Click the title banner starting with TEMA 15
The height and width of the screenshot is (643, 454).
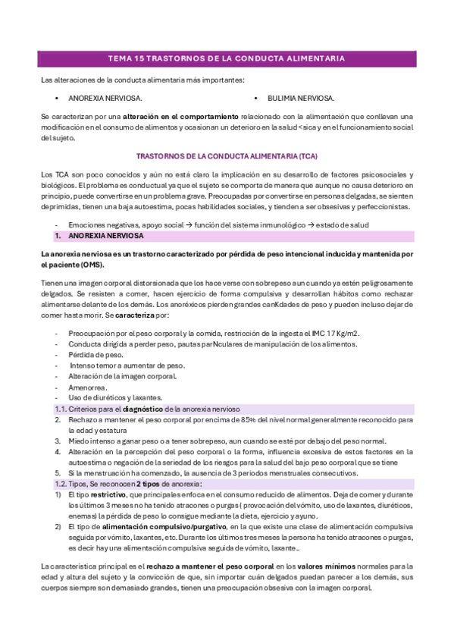click(227, 58)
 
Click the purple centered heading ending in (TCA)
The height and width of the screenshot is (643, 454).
click(227, 155)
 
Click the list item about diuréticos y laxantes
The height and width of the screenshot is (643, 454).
click(114, 397)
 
